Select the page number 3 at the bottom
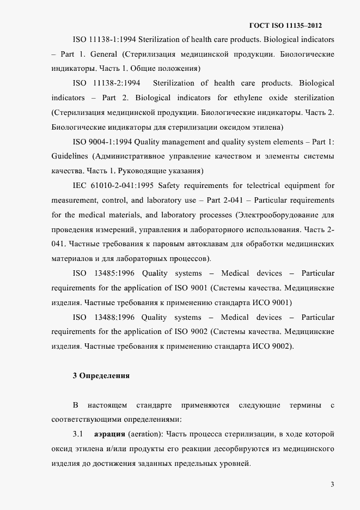pos(332,484)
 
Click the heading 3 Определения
pos(101,375)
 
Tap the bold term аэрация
pos(109,434)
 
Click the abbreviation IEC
pos(80,185)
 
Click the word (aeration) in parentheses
pos(144,434)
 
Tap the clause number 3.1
pos(77,434)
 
